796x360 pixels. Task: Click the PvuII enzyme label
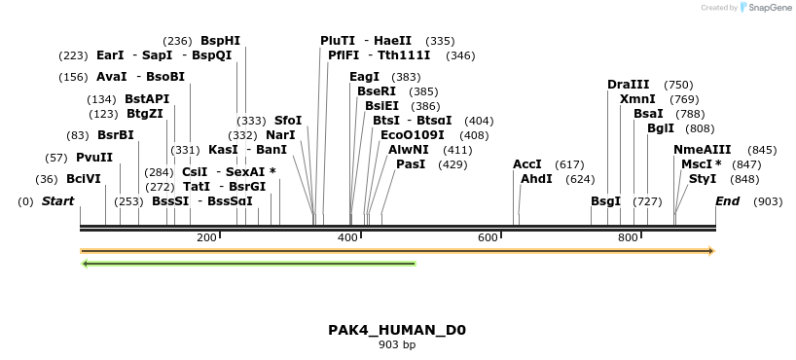coord(94,158)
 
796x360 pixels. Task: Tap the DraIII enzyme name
coord(628,85)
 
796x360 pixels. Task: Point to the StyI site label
coord(703,179)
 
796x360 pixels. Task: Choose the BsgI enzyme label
coord(605,201)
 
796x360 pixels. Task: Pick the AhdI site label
coord(536,179)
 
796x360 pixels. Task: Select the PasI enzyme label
coord(411,164)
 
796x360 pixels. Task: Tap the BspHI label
coord(220,41)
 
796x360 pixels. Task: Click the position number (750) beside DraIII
coord(678,85)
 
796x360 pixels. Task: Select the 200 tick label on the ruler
coord(206,237)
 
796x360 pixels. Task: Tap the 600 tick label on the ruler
coord(488,237)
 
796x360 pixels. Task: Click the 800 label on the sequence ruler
coord(628,237)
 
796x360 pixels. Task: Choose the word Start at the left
coord(57,201)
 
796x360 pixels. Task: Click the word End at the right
coord(727,201)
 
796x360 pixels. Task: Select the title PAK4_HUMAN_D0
coord(397,330)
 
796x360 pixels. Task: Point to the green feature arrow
coord(249,263)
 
